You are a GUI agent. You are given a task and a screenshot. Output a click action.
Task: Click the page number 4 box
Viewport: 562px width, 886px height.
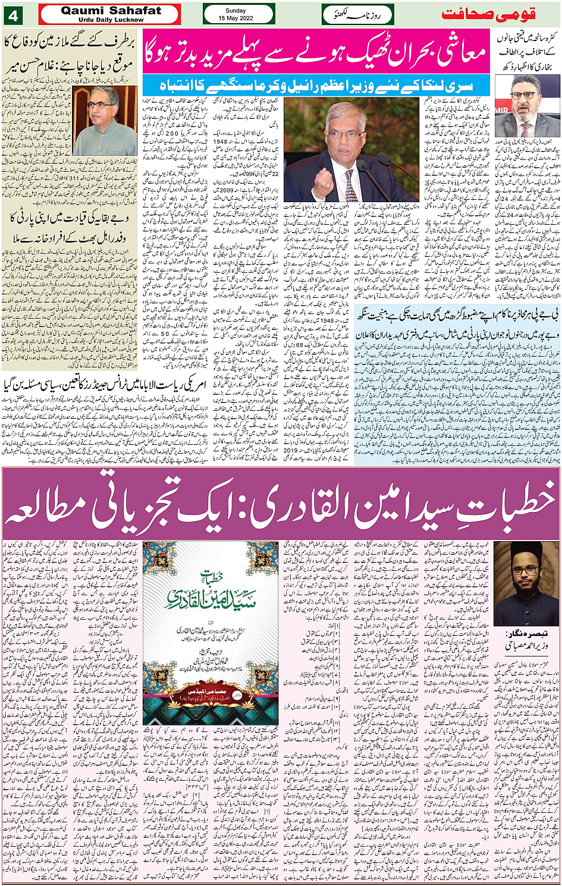click(12, 14)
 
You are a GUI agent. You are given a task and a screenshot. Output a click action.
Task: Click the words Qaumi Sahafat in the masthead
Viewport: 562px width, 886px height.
click(111, 11)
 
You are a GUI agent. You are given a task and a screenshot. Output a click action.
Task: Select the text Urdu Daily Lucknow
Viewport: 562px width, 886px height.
click(111, 20)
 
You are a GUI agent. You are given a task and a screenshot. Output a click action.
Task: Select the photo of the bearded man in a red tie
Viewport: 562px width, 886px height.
click(526, 107)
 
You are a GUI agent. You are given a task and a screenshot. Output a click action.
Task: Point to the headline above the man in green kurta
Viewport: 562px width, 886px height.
click(70, 54)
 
